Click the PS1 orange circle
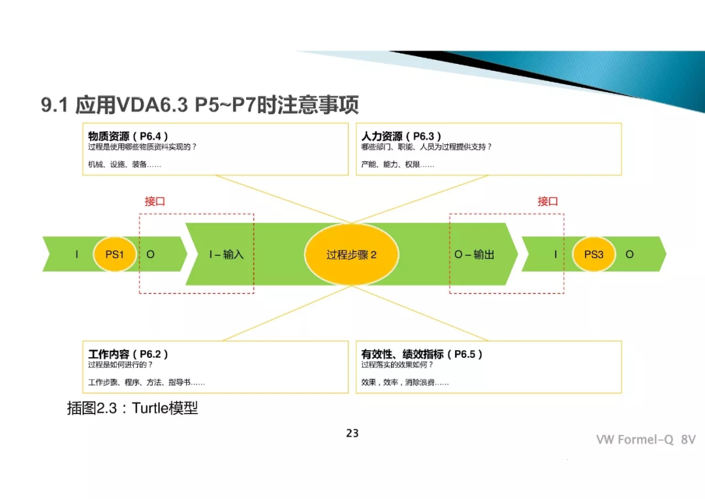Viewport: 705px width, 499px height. (x=115, y=254)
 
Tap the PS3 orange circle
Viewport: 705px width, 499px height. (x=593, y=254)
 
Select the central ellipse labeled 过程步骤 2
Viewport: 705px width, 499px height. (x=352, y=254)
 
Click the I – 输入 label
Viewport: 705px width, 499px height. (x=226, y=254)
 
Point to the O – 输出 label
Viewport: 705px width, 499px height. (x=475, y=254)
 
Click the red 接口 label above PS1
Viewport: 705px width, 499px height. (x=155, y=201)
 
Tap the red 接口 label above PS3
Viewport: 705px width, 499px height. (x=548, y=201)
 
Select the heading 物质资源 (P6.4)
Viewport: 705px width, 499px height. (x=129, y=136)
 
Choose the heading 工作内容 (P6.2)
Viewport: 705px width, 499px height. (x=129, y=354)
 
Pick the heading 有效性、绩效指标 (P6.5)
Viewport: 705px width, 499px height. (x=422, y=354)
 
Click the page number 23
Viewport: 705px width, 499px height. (x=352, y=433)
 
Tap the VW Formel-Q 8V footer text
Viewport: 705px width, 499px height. (x=646, y=440)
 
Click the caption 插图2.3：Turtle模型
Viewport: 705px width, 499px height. (x=133, y=408)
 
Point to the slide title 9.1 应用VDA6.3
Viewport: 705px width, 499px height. (x=200, y=105)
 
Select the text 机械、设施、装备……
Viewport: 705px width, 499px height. (x=125, y=165)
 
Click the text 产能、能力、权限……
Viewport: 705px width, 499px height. (x=398, y=165)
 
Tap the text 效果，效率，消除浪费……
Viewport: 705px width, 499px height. (x=405, y=382)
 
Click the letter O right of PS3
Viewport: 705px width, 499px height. (x=629, y=254)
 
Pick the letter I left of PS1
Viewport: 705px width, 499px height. (x=76, y=254)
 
